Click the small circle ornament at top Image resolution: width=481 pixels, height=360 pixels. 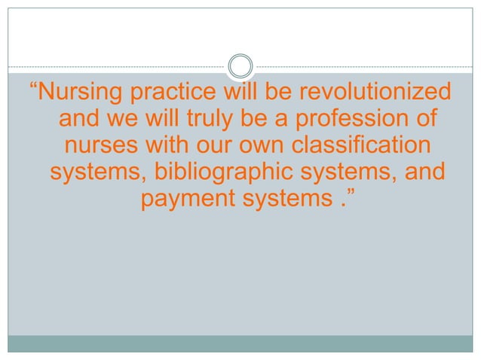pos(240,65)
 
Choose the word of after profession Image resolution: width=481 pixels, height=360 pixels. pos(426,121)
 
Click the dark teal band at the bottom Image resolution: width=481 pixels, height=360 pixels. pos(240,343)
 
